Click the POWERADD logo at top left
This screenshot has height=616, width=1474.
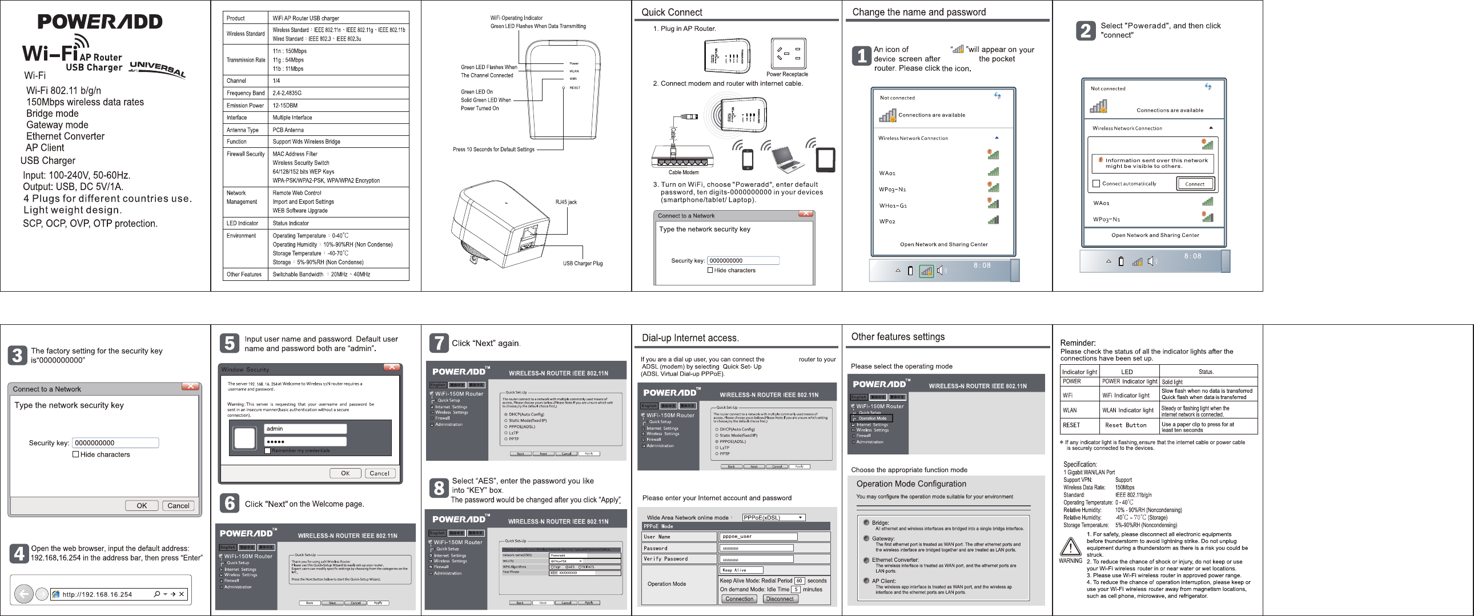[100, 22]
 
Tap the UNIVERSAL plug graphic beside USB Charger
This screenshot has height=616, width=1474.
[157, 69]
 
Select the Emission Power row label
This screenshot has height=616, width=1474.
[245, 105]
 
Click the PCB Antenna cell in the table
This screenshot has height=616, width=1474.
[288, 130]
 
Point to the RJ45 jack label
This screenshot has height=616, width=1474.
[566, 202]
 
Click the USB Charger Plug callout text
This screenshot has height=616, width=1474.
[583, 263]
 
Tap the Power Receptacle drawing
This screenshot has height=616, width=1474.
[789, 53]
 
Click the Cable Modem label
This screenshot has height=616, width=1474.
[683, 172]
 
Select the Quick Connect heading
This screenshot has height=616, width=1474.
[672, 12]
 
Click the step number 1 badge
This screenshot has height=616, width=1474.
[862, 56]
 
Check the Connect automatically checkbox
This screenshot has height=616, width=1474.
[1097, 184]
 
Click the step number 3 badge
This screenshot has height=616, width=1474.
[17, 355]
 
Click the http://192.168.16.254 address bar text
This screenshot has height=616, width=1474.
[97, 594]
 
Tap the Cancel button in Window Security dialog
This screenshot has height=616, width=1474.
[379, 473]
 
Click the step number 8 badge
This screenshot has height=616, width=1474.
[438, 488]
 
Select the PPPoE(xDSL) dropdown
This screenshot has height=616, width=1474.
[773, 517]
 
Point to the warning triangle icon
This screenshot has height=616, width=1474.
[1070, 547]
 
